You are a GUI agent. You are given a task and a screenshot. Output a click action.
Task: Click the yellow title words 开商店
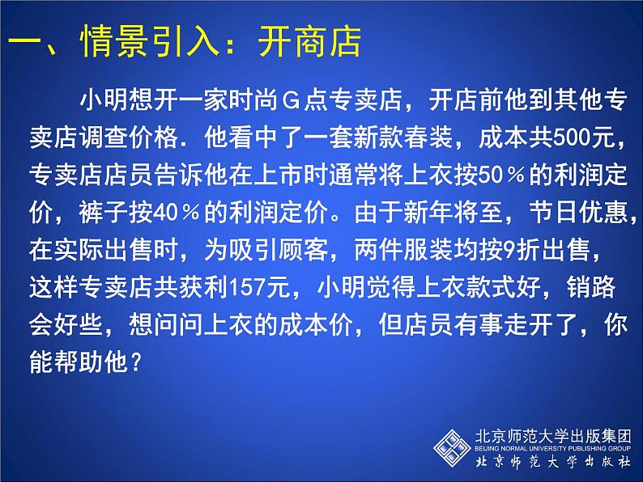[309, 41]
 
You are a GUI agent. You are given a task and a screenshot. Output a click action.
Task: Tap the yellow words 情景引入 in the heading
[150, 41]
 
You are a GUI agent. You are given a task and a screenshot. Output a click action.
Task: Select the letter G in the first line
[292, 100]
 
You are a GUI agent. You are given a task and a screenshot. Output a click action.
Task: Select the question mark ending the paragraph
[135, 362]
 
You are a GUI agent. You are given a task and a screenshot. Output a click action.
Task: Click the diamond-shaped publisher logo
[452, 447]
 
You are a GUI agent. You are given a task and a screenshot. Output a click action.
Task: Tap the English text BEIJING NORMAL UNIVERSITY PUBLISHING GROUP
[552, 448]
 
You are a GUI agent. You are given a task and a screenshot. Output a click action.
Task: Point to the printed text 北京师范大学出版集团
[552, 436]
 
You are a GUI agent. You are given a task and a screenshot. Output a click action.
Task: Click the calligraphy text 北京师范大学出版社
[552, 462]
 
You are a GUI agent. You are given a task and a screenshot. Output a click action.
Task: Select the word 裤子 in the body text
[103, 213]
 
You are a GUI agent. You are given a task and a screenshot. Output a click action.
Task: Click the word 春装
[428, 138]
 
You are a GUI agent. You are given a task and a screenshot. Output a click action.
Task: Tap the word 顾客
[304, 250]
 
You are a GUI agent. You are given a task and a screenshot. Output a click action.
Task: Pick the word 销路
[591, 287]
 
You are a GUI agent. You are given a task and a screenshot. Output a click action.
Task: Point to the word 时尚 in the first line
[253, 100]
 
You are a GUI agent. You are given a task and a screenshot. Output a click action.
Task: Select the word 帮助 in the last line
[79, 362]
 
